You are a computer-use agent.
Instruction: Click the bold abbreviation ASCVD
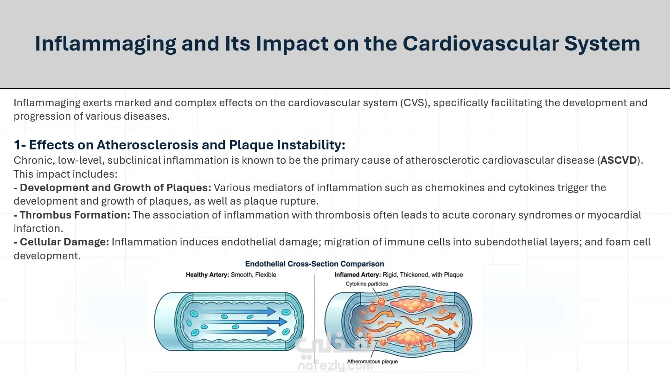[618, 160]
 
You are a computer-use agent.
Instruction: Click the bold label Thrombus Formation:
[75, 215]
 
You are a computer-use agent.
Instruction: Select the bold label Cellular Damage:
[64, 242]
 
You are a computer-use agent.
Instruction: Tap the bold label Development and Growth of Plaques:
[115, 188]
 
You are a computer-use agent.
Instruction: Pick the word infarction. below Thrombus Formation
[38, 228]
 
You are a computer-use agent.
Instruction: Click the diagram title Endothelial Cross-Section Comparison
[314, 264]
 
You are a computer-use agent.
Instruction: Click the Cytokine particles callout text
[367, 284]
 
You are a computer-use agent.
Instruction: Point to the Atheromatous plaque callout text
[372, 361]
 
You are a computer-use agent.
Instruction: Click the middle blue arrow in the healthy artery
[245, 322]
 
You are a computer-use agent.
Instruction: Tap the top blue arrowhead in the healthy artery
[271, 312]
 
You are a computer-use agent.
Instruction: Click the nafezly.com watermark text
[335, 366]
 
